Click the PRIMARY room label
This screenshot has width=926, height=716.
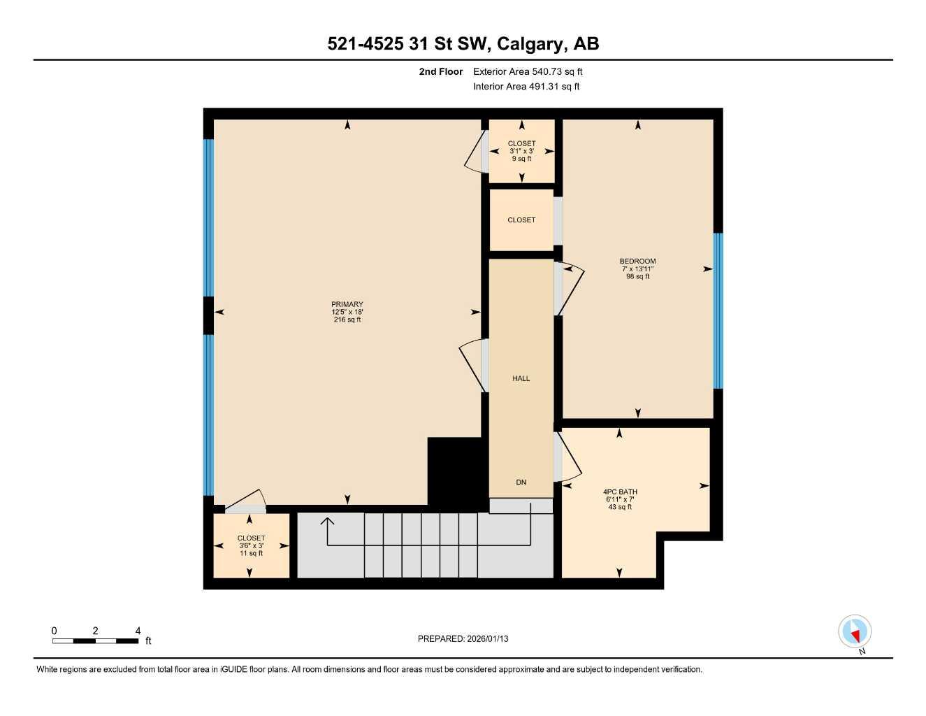point(347,304)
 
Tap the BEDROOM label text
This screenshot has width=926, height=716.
point(637,262)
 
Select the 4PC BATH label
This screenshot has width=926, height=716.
point(620,492)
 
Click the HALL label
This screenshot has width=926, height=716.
point(521,378)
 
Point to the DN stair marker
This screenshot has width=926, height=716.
point(521,482)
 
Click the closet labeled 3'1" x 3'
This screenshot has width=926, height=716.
point(521,151)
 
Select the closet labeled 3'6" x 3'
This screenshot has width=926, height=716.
point(251,545)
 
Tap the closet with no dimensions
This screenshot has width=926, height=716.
point(521,220)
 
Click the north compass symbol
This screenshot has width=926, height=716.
point(855,632)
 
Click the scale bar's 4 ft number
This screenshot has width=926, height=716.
point(138,631)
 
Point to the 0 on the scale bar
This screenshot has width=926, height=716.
point(55,631)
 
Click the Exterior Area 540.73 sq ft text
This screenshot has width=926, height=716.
point(528,71)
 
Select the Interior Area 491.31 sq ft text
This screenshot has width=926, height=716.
point(526,87)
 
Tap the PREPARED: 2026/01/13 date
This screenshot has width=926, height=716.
point(463,638)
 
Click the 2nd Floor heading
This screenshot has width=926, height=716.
point(441,71)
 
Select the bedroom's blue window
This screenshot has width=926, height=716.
point(718,310)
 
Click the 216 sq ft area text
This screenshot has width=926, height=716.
point(347,320)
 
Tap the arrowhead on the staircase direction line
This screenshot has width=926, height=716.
point(326,520)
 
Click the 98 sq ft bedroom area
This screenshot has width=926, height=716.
point(637,276)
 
